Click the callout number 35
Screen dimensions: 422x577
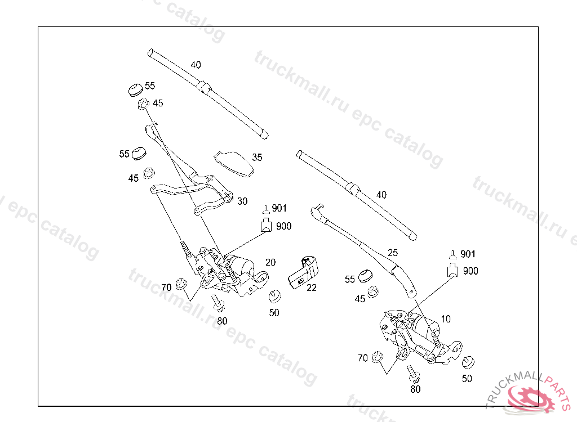click(257, 158)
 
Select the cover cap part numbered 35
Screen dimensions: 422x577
click(233, 163)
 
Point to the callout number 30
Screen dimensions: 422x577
click(242, 201)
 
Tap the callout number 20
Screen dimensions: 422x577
click(270, 262)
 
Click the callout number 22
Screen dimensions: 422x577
click(312, 288)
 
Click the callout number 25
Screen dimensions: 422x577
click(393, 253)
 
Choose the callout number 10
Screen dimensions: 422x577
click(446, 319)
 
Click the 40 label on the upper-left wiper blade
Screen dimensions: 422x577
click(196, 65)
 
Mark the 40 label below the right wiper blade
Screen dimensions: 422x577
click(381, 195)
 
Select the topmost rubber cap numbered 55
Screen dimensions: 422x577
click(135, 89)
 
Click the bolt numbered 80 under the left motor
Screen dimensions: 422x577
click(219, 304)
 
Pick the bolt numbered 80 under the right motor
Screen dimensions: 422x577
click(412, 372)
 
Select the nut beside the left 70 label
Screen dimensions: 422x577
click(181, 283)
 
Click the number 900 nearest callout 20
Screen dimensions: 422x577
click(283, 226)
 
